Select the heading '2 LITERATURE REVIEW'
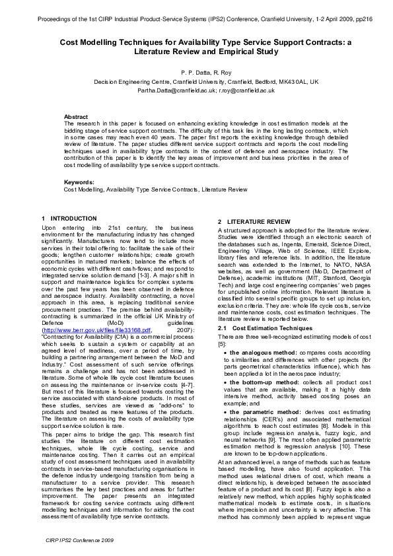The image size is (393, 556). [254, 221]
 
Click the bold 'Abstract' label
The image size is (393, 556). [76, 116]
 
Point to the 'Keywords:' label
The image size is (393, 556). [79, 182]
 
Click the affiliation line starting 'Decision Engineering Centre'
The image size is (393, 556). [197, 82]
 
